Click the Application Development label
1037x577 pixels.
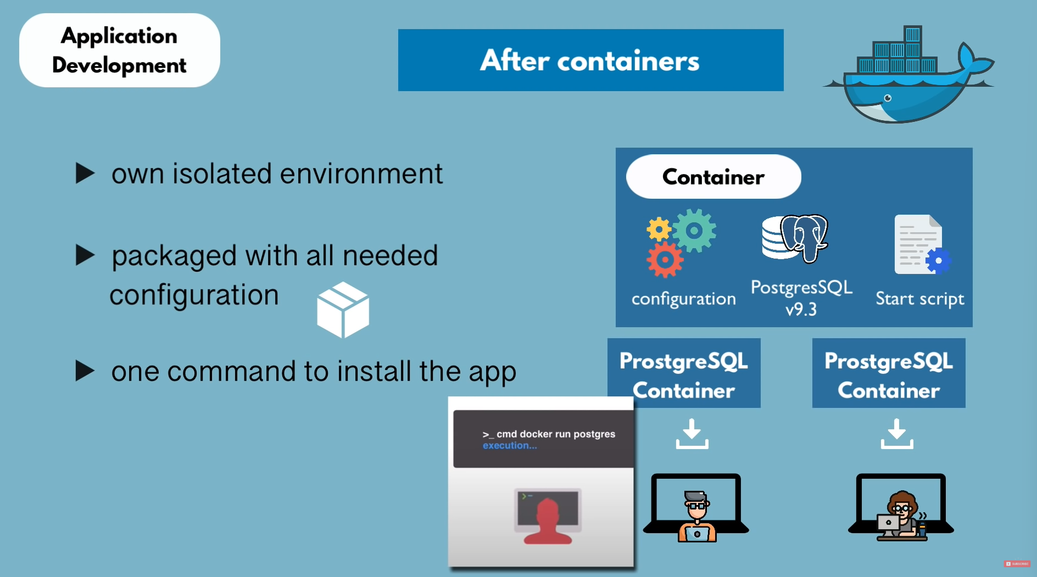click(x=119, y=50)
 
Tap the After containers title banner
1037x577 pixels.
click(x=590, y=60)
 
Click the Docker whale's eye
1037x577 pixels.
click(x=887, y=98)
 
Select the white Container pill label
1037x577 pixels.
click(x=713, y=177)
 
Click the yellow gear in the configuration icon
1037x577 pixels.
click(x=659, y=229)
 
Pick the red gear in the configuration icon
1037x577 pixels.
click(x=665, y=260)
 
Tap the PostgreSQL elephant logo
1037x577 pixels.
click(x=804, y=238)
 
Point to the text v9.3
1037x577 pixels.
click(x=801, y=310)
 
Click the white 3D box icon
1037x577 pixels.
click(x=343, y=310)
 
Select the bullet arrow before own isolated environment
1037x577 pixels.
click(x=85, y=173)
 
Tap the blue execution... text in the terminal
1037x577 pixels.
click(x=510, y=446)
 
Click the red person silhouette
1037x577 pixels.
click(x=548, y=522)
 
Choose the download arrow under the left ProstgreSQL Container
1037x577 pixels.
click(x=692, y=434)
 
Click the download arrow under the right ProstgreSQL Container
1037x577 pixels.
click(x=897, y=434)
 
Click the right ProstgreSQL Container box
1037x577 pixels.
click(x=888, y=373)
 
